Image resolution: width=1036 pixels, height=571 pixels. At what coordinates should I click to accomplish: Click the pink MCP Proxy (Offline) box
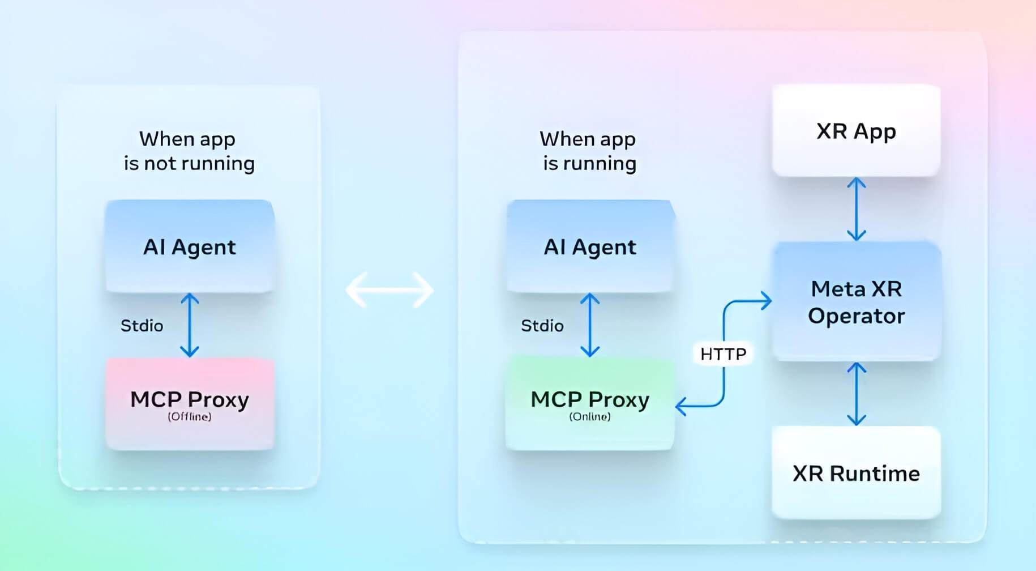190,404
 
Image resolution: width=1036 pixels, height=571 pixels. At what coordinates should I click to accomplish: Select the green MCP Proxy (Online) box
590,404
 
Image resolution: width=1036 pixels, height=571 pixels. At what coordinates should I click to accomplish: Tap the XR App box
856,130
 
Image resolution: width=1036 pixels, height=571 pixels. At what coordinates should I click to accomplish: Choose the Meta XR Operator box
857,301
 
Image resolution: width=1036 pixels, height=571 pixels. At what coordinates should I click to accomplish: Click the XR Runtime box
856,472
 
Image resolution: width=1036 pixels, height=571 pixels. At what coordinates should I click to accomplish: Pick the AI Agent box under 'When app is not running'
190,246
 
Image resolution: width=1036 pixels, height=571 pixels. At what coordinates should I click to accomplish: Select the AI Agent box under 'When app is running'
590,246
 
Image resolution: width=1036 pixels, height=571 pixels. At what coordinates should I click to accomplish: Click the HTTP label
724,354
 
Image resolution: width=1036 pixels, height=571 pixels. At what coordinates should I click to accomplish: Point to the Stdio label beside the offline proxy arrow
142,326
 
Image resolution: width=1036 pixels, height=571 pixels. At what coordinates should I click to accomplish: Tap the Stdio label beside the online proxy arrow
542,326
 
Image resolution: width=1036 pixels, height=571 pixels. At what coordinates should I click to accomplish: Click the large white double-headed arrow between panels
389,290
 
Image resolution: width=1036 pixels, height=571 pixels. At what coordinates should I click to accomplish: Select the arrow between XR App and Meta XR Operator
856,209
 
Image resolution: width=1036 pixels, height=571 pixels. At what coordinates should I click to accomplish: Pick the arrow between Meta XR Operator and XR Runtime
856,394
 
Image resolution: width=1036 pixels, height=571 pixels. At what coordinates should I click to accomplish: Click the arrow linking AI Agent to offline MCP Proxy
190,325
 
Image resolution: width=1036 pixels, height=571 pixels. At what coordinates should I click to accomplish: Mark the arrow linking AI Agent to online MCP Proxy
590,325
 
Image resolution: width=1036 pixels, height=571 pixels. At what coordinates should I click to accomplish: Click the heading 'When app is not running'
189,151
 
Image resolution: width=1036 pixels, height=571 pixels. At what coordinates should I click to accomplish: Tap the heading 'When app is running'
589,151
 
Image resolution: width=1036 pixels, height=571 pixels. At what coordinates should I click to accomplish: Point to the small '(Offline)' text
190,417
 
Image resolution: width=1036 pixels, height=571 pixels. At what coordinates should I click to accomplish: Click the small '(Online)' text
590,417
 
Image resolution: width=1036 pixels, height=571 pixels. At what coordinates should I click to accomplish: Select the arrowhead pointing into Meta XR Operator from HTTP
766,301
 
